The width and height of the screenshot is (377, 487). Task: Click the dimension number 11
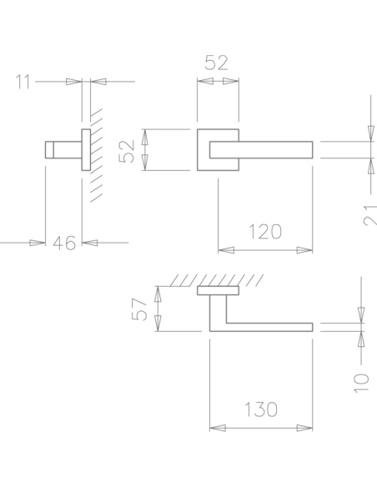click(x=23, y=82)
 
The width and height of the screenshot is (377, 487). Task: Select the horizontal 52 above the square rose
click(x=217, y=63)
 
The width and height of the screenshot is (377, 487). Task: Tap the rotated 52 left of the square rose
click(x=127, y=152)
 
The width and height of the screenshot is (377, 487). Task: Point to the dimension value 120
click(x=265, y=232)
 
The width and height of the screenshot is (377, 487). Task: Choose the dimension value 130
click(x=261, y=409)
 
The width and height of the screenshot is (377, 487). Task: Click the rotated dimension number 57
click(x=139, y=309)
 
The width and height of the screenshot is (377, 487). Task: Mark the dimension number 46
click(x=64, y=243)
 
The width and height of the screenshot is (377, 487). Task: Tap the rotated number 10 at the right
click(x=361, y=383)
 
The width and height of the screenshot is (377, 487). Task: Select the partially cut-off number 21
click(x=370, y=215)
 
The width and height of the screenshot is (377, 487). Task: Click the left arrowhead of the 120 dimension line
click(x=226, y=250)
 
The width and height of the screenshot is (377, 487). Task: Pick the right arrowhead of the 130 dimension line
click(x=304, y=428)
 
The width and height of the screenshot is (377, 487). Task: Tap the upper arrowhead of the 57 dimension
click(x=158, y=294)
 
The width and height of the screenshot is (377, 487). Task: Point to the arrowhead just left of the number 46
click(x=38, y=243)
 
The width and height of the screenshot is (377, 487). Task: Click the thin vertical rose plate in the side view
click(x=86, y=150)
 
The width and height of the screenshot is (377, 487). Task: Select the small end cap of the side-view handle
click(x=49, y=150)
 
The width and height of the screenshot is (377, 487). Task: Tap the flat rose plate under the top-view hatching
click(x=218, y=290)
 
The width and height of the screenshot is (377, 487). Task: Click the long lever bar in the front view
click(x=261, y=150)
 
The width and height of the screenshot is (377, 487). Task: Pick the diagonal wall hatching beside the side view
click(x=96, y=155)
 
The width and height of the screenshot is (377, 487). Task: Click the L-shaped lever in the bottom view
click(x=218, y=327)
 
